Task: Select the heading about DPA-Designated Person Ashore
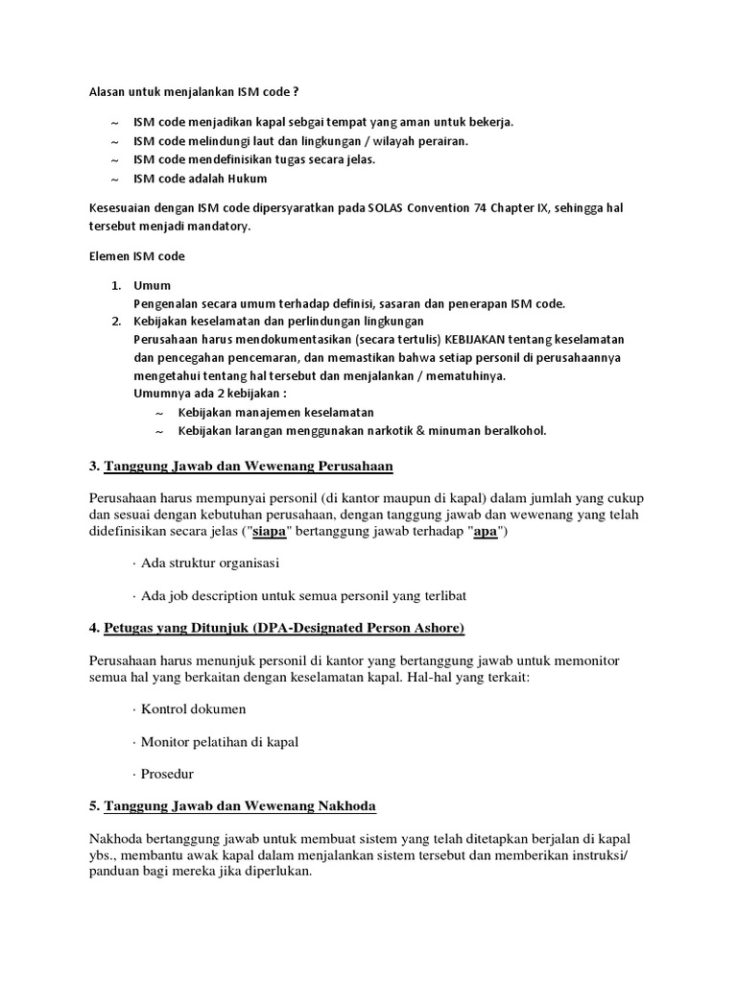click(x=283, y=628)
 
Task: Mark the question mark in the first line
click(x=295, y=92)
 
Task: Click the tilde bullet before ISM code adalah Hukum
click(x=115, y=179)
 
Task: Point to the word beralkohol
click(x=511, y=430)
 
